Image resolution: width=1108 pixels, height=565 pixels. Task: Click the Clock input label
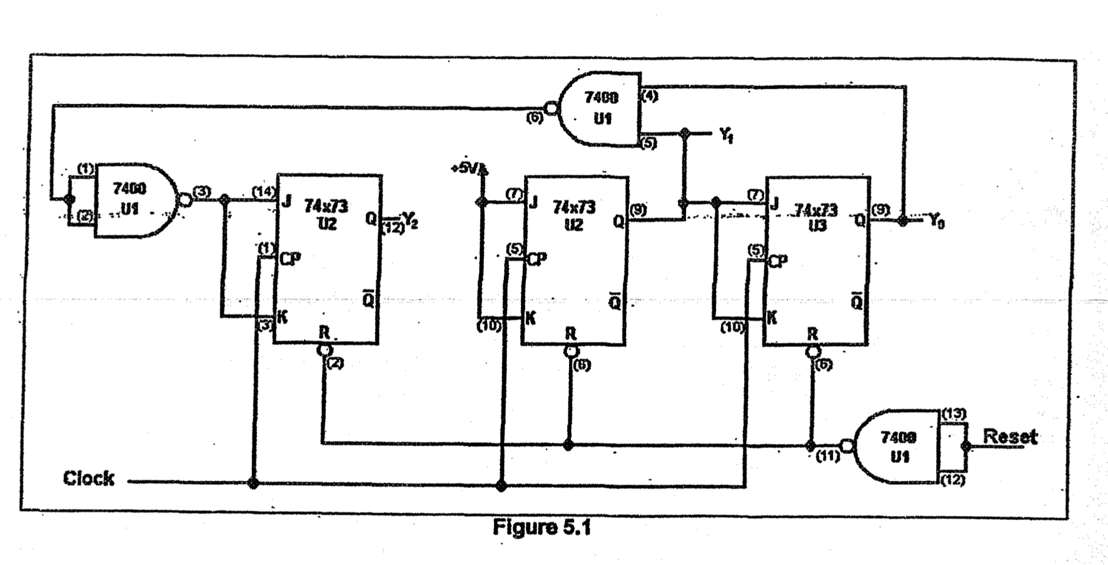[x=89, y=478]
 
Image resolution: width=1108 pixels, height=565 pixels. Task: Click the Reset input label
[x=1009, y=436]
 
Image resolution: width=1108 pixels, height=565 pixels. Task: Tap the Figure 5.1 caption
[x=541, y=528]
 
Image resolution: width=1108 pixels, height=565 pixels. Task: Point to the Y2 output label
[x=410, y=219]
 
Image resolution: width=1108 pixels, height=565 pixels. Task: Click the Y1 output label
[x=726, y=136]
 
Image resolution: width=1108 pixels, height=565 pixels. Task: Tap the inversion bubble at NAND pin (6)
[x=552, y=108]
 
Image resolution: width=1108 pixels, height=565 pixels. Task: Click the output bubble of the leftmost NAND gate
[x=183, y=199]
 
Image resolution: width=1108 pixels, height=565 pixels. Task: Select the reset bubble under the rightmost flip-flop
[x=812, y=351]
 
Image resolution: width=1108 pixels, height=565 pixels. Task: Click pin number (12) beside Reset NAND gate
[x=952, y=480]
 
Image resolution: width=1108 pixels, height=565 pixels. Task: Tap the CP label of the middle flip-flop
[x=536, y=259]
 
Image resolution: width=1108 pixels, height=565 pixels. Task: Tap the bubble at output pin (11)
[x=846, y=446]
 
